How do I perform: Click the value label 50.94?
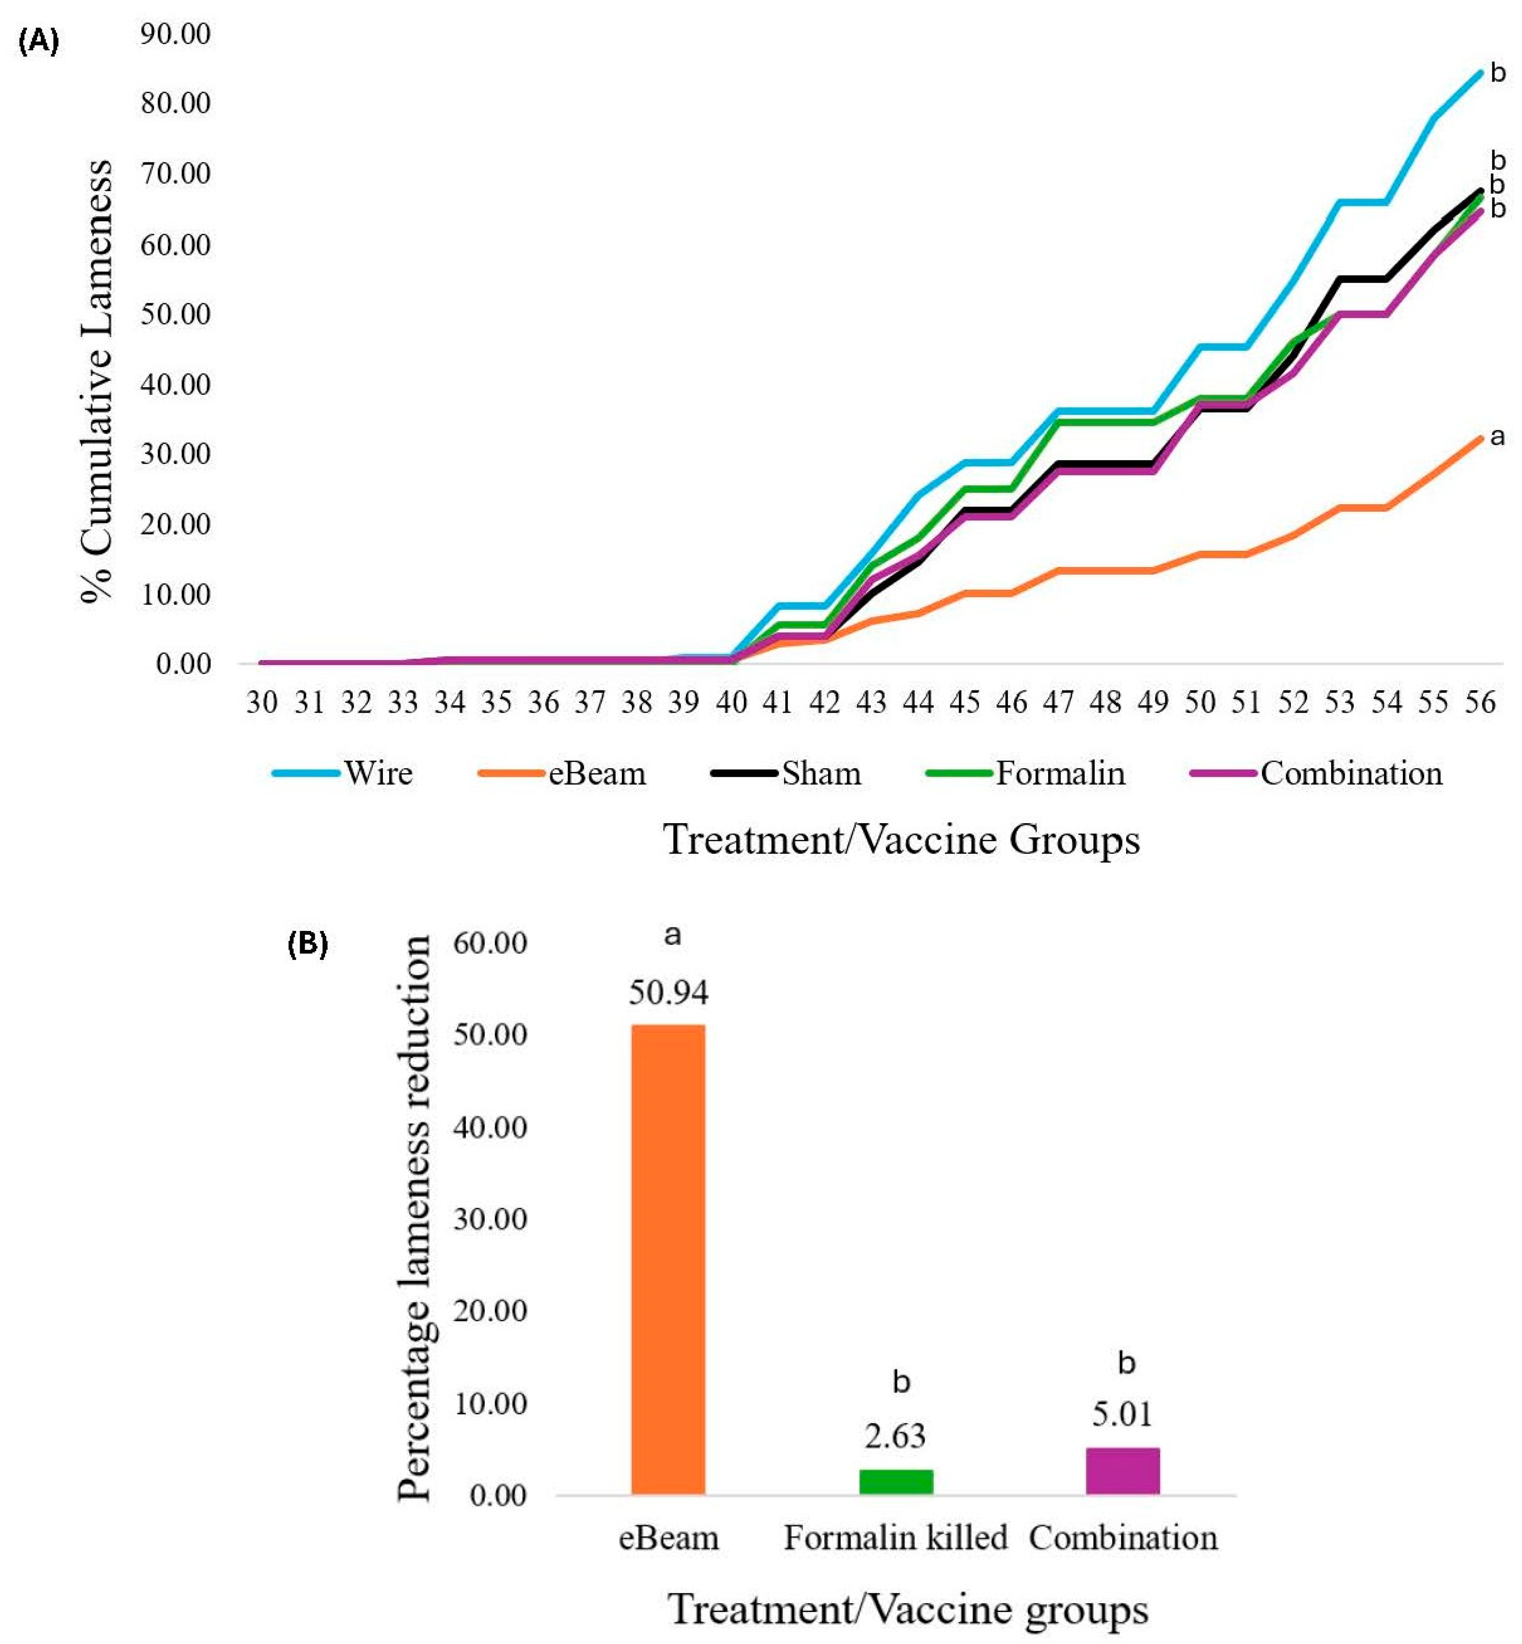pos(668,993)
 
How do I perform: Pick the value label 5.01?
pos(1122,1414)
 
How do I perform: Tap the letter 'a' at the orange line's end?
pos(1497,436)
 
